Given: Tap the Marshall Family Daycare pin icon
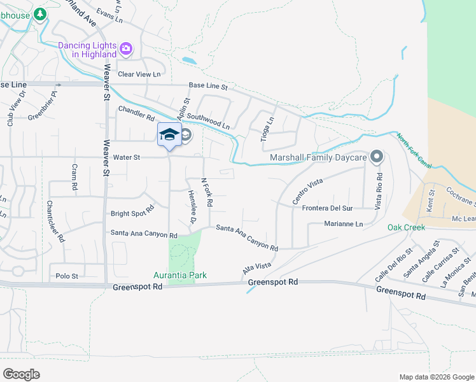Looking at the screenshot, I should point(376,157).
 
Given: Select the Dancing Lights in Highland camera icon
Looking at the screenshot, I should point(126,48).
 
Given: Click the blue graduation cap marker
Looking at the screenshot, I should point(169,134).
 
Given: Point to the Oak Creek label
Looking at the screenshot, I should point(406,227).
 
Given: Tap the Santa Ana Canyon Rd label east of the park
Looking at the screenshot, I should point(247,237).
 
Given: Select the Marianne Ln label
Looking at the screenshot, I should point(343,224).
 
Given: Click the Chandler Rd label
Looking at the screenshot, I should point(136,113).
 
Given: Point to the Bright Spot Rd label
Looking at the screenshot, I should point(132,210).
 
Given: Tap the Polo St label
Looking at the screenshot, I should point(66,276).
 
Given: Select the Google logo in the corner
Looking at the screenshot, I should point(21,374).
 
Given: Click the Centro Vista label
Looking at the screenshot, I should point(307,192).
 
